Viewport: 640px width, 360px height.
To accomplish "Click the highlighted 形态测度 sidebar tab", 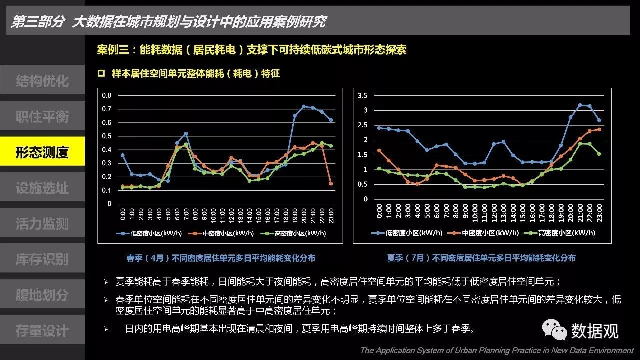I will click(x=42, y=152).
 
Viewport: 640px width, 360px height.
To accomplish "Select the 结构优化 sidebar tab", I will click(x=42, y=81).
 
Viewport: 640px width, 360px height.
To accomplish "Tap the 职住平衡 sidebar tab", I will click(x=42, y=116).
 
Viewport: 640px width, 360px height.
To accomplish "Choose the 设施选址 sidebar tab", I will click(x=42, y=188).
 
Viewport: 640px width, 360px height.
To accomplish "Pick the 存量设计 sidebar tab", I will click(x=42, y=330).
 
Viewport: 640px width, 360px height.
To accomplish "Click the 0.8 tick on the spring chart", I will click(x=106, y=95).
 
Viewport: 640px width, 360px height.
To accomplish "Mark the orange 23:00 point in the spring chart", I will click(x=331, y=183).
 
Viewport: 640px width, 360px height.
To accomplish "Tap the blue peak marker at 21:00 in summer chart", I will click(x=580, y=105).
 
